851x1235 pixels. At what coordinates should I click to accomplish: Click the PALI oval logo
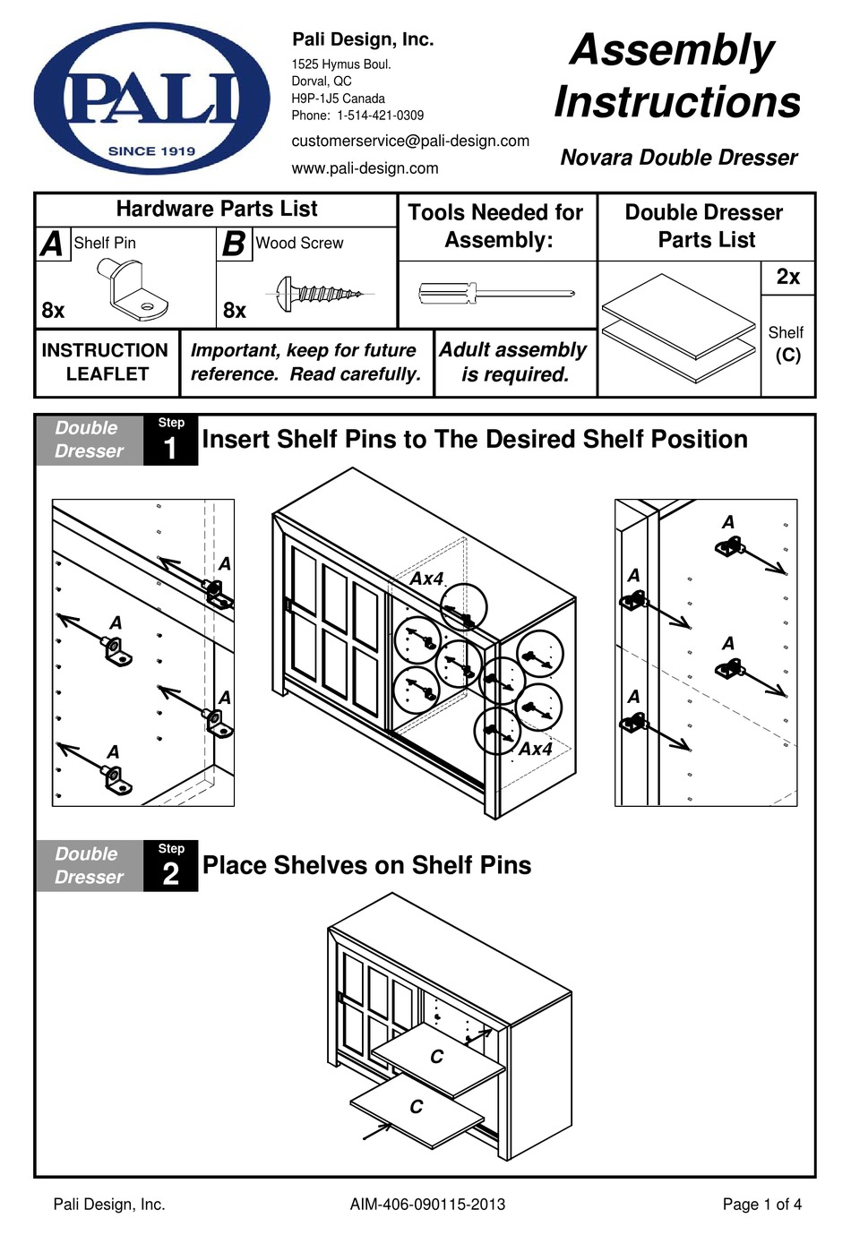click(x=151, y=99)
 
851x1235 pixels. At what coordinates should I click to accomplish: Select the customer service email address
click(x=410, y=141)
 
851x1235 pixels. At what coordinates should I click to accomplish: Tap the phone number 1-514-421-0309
click(x=380, y=116)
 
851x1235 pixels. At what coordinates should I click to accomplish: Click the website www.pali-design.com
click(x=365, y=168)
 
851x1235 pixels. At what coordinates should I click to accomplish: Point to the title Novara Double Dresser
click(x=678, y=158)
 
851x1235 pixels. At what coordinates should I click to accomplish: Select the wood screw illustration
click(x=320, y=292)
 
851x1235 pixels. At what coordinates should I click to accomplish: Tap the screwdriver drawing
click(x=495, y=293)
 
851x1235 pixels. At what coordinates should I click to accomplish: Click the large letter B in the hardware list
click(x=233, y=244)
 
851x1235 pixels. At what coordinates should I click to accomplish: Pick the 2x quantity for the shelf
click(x=787, y=277)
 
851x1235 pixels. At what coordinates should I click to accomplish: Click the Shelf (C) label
click(x=787, y=344)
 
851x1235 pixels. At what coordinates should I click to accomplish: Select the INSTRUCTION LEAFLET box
click(x=106, y=362)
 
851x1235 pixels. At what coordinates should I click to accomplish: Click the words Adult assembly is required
click(x=513, y=362)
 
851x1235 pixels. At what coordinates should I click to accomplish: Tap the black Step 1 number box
click(x=170, y=439)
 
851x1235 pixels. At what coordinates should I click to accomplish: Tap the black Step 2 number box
click(x=170, y=865)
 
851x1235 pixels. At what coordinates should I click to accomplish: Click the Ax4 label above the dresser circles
click(x=426, y=579)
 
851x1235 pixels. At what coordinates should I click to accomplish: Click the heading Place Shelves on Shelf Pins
click(x=366, y=865)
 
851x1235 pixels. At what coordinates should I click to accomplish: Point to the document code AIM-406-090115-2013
click(x=427, y=1205)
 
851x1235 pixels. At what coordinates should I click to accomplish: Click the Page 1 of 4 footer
click(x=761, y=1205)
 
